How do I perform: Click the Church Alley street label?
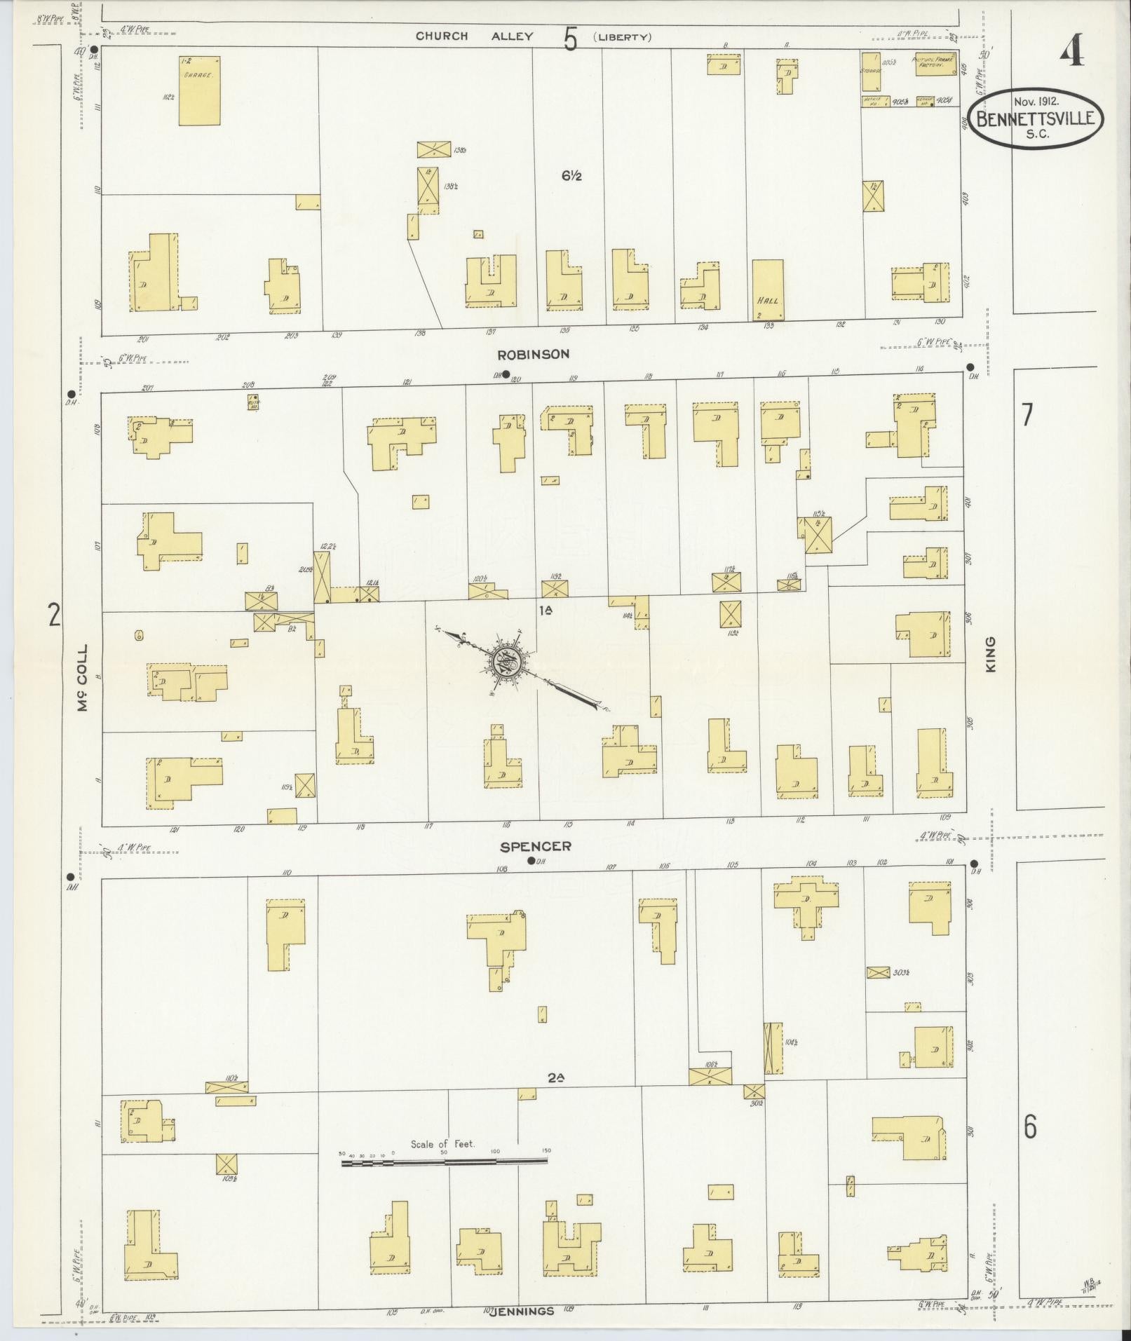pyautogui.click(x=474, y=36)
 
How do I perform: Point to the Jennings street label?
pyautogui.click(x=519, y=1311)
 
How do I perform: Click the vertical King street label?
pyautogui.click(x=991, y=654)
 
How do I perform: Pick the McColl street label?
pyautogui.click(x=83, y=678)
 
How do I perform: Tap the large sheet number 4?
pyautogui.click(x=1071, y=50)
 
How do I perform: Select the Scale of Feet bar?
pyautogui.click(x=445, y=1162)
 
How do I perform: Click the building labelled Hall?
pyautogui.click(x=768, y=290)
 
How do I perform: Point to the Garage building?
pyautogui.click(x=199, y=91)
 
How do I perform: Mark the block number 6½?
pyautogui.click(x=571, y=177)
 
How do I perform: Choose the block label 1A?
pyautogui.click(x=546, y=611)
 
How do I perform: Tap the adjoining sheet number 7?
pyautogui.click(x=1027, y=415)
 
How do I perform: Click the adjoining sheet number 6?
pyautogui.click(x=1029, y=1127)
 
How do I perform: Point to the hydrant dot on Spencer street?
pyautogui.click(x=531, y=861)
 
